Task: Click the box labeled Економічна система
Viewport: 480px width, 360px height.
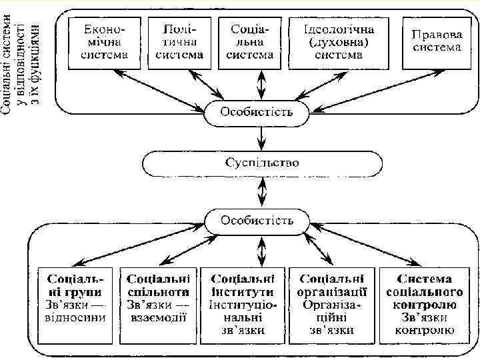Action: coord(104,42)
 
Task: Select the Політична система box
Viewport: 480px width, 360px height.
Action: coord(179,42)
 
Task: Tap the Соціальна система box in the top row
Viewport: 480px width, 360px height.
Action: coord(251,42)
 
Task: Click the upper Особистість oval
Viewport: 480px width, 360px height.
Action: coord(257,111)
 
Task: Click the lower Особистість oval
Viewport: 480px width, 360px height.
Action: coord(257,221)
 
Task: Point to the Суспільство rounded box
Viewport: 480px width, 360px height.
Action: coord(262,163)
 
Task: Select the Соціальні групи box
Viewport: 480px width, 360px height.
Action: coord(75,304)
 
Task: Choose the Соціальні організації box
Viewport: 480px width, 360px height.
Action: coord(332,304)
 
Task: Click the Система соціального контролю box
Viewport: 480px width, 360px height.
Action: coord(424,304)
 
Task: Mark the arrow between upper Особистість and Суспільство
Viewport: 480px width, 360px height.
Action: coord(262,137)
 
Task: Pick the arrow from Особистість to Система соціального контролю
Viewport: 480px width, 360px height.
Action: coord(373,245)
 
